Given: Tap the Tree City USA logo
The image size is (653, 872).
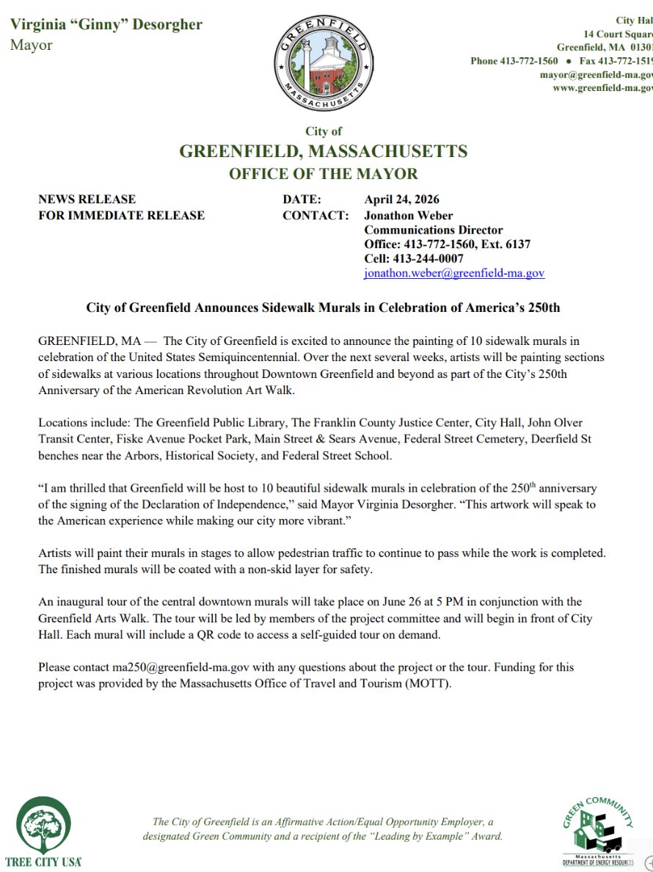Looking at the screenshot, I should coord(43,830).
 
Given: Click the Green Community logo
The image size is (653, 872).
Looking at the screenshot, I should coord(598,830).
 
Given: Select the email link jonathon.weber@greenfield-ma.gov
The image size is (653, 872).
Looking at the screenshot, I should coord(454,273).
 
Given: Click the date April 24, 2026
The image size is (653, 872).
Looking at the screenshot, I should coord(402,199).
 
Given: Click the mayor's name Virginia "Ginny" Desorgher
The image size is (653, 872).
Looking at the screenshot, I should coord(106,24).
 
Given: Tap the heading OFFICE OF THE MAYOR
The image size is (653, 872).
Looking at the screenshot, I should coord(324,174).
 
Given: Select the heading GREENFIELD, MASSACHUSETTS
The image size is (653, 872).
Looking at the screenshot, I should coord(324,152).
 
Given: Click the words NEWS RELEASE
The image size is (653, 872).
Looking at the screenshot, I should coord(87,199).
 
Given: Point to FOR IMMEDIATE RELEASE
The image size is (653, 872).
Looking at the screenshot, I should coord(122,215).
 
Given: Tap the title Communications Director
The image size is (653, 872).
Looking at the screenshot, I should coord(434,230).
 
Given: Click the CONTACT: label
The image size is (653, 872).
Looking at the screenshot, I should coord(315,215).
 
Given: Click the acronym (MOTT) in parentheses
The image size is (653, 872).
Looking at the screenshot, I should coord(429,683).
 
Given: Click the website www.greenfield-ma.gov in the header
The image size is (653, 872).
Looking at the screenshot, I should coord(602,88).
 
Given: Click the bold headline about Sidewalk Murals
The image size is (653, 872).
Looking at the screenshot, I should coord(323,308).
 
